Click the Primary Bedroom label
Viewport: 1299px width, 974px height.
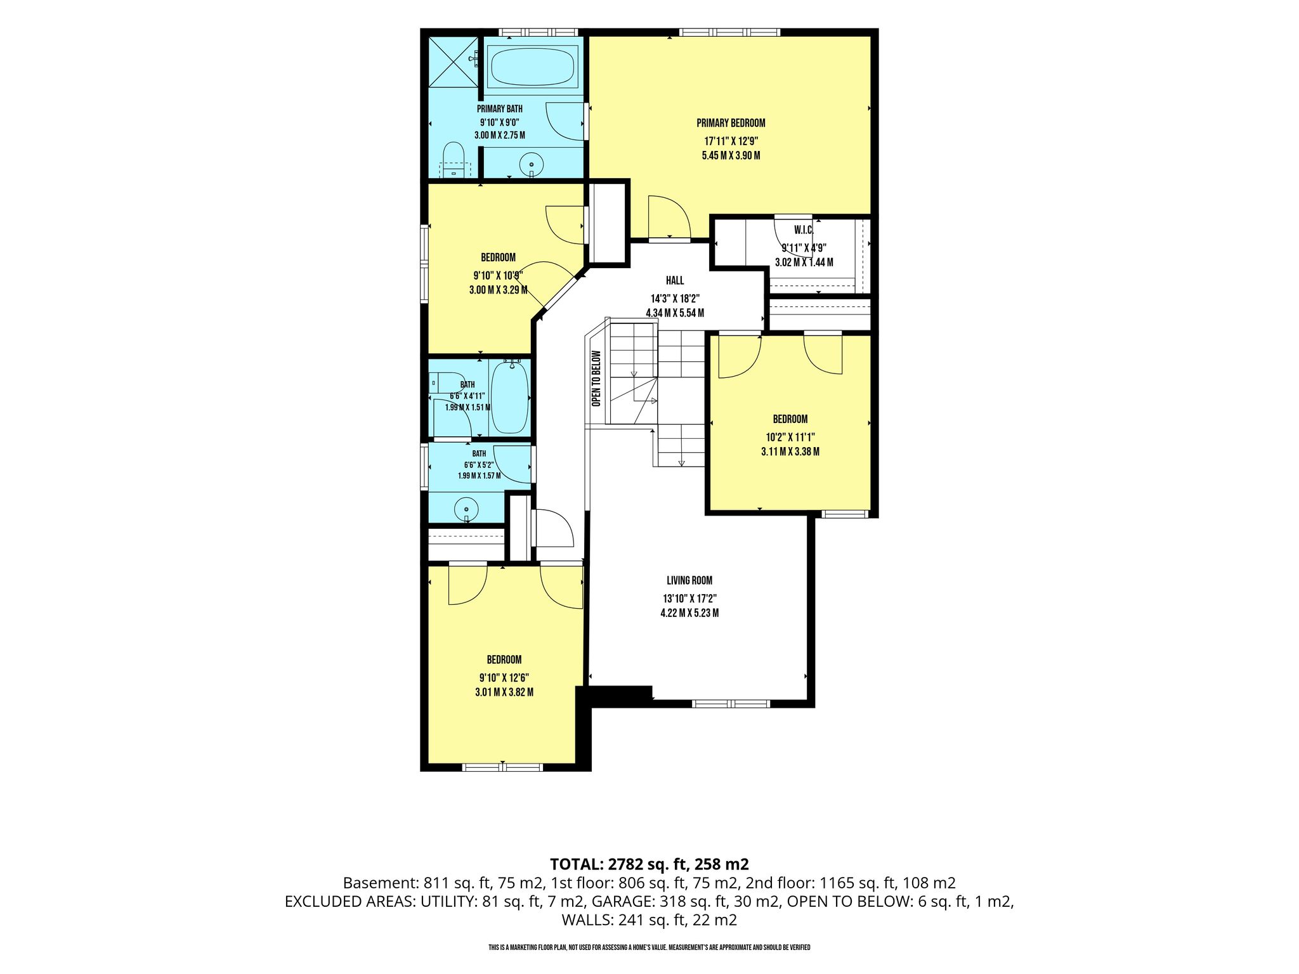click(x=731, y=123)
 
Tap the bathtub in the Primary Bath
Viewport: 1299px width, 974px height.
click(x=533, y=66)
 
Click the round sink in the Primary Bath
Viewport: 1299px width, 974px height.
click(x=532, y=166)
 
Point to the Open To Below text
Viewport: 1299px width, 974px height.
click(x=596, y=379)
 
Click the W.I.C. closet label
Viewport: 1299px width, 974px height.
click(x=804, y=230)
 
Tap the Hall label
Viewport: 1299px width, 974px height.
click(x=675, y=280)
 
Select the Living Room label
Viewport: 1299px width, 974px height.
click(x=689, y=580)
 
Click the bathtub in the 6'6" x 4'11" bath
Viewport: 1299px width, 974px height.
click(x=510, y=397)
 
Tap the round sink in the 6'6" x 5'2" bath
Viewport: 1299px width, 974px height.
click(x=467, y=509)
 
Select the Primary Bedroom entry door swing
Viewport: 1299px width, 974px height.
click(x=669, y=217)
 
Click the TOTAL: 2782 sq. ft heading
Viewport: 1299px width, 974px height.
click(x=649, y=864)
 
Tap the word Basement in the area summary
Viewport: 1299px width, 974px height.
click(x=378, y=883)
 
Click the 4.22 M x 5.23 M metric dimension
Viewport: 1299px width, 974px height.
click(x=689, y=613)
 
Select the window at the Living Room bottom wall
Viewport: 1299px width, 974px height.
click(x=731, y=703)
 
